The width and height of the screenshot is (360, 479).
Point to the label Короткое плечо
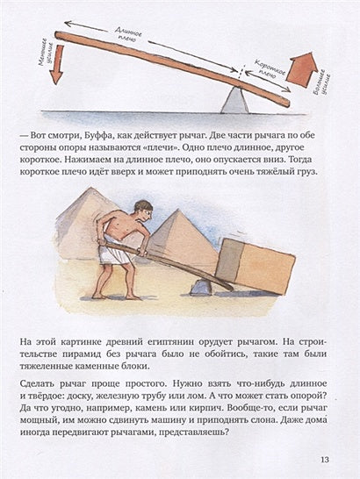267,80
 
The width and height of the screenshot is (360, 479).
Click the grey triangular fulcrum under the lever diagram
234,101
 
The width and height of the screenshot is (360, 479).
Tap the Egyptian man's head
141,211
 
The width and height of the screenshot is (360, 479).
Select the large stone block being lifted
256,266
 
